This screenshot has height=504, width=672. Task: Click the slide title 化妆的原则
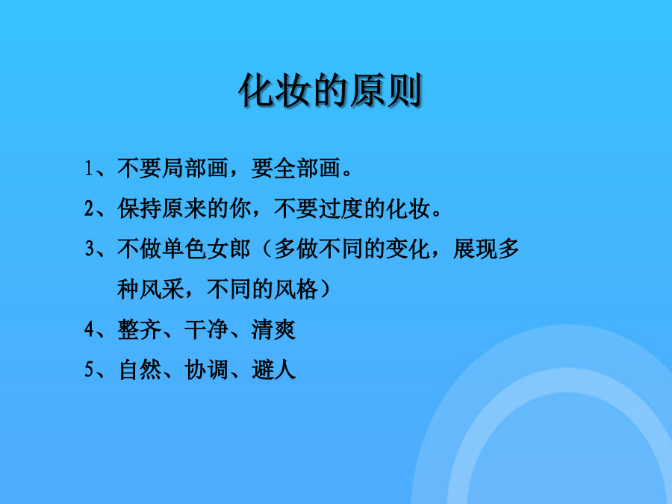point(331,90)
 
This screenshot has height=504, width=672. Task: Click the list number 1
point(88,168)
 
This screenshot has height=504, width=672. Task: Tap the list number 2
point(89,209)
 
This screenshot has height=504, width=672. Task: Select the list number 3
point(89,249)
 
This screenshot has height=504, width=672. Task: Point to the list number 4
point(89,329)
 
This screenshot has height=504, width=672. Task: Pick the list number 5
point(89,370)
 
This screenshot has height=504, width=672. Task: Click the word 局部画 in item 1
point(196,168)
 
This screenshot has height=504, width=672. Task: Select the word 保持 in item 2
point(140,209)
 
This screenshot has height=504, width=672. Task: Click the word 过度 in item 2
point(340,209)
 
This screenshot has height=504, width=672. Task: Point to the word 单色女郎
point(207,249)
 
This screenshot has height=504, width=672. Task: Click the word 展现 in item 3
point(475,249)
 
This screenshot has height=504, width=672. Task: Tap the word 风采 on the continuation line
point(162,289)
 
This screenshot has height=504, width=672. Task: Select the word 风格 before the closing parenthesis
point(296,289)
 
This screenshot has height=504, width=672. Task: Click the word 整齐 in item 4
point(140,329)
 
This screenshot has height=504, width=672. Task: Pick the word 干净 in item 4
point(207,329)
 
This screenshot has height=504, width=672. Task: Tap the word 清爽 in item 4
point(273,329)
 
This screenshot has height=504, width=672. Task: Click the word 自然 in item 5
point(140,370)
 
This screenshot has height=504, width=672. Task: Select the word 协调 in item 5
point(207,370)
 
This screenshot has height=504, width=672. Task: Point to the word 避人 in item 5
point(273,370)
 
